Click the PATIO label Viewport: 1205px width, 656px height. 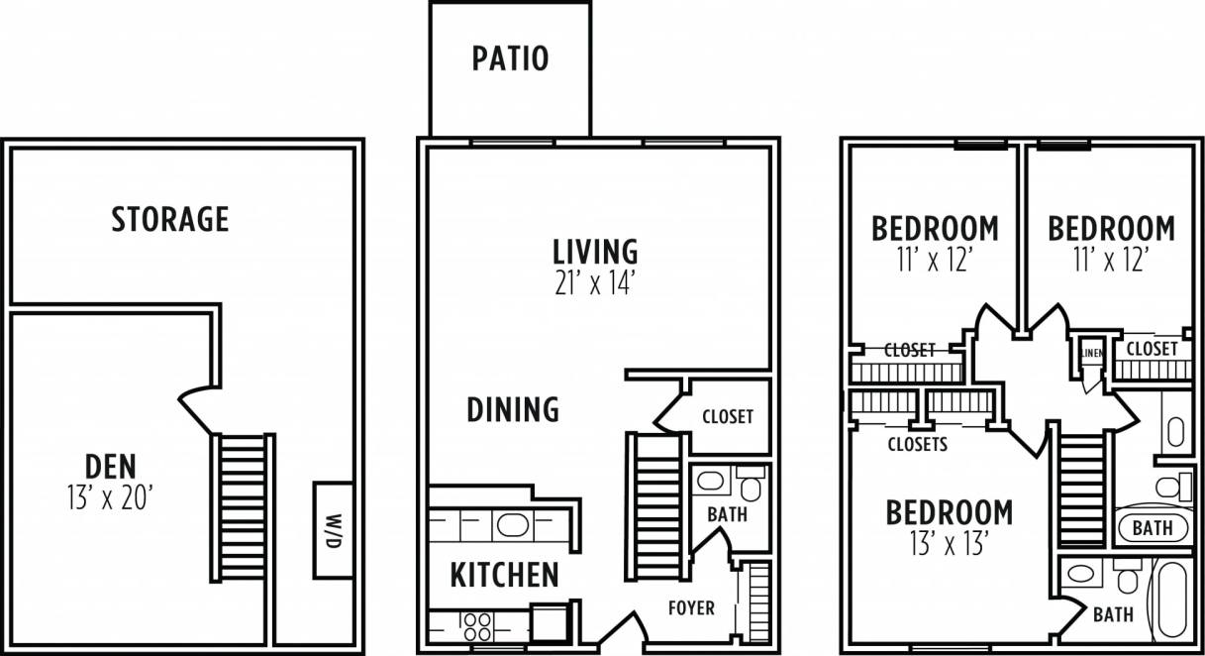click(x=509, y=58)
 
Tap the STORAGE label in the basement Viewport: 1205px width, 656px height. click(x=169, y=219)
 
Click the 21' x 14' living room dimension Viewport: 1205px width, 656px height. click(x=593, y=283)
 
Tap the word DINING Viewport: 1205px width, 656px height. click(x=512, y=408)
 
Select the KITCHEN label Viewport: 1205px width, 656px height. click(x=504, y=575)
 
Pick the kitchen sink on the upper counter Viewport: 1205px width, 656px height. click(x=511, y=524)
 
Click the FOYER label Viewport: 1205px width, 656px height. click(x=691, y=607)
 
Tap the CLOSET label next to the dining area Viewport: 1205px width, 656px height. click(x=727, y=417)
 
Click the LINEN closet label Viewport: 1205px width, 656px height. click(x=1092, y=352)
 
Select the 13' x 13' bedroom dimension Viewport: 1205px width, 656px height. click(x=948, y=543)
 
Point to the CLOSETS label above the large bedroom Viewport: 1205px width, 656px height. click(x=917, y=445)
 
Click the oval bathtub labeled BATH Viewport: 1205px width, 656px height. click(x=1152, y=527)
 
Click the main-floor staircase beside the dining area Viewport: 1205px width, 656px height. click(x=654, y=505)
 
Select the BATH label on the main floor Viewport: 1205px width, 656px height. click(x=727, y=515)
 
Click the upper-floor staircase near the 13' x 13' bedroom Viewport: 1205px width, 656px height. click(x=1081, y=491)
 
